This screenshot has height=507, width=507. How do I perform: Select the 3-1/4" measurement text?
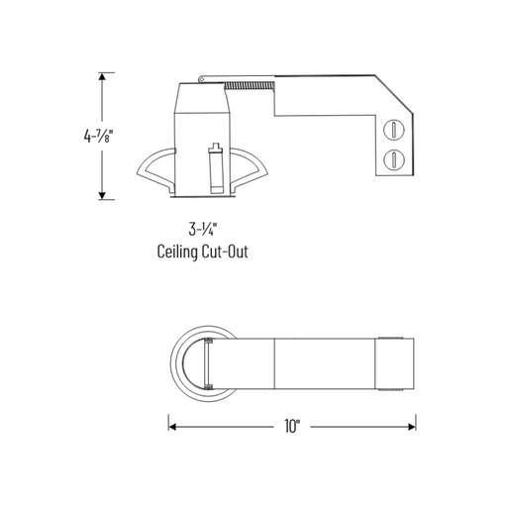tap(202, 229)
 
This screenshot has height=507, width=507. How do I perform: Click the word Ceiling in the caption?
tap(178, 252)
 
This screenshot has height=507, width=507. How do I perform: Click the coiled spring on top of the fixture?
tap(252, 86)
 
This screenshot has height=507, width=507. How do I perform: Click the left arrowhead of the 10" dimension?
tap(172, 426)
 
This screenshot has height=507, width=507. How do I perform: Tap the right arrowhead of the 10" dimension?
tap(411, 426)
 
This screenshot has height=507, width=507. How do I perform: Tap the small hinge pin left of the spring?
tap(202, 76)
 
